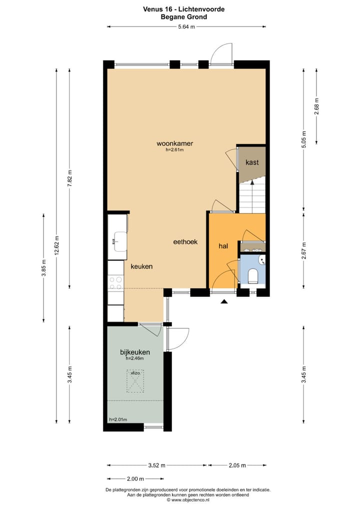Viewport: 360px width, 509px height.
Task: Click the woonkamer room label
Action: click(174, 143)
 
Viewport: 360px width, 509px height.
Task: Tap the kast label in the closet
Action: click(251, 162)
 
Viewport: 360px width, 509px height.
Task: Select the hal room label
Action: click(223, 245)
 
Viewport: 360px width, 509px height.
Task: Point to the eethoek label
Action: click(185, 241)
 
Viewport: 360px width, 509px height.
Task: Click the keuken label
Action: click(141, 266)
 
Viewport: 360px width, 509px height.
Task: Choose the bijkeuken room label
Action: click(135, 352)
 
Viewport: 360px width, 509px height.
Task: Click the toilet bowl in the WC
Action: click(252, 275)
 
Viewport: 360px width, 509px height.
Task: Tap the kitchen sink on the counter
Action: click(119, 241)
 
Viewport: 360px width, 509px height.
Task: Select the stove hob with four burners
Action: click(116, 283)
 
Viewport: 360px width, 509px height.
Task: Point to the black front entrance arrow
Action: click(224, 301)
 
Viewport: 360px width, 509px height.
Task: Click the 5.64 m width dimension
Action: click(186, 27)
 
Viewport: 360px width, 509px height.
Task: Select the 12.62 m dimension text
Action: click(56, 245)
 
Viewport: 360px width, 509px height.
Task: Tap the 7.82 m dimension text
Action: click(70, 178)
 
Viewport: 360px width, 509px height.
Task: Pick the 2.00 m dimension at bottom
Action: click(132, 478)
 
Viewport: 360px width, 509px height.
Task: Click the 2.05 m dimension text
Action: click(237, 465)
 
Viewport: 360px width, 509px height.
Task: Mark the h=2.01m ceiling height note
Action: click(118, 419)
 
